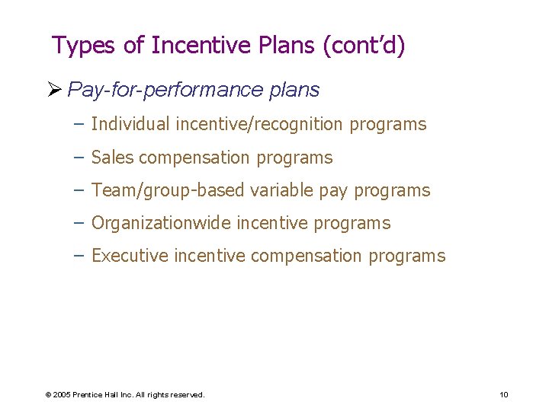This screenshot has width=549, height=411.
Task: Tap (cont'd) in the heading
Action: pos(364,46)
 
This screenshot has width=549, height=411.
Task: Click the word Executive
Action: pos(130,256)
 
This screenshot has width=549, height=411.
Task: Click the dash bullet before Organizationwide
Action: pos(79,223)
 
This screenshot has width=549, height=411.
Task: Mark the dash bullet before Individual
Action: pos(79,124)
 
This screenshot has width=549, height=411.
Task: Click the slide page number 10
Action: pos(504,394)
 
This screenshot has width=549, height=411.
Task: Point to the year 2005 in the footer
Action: pos(63,395)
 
